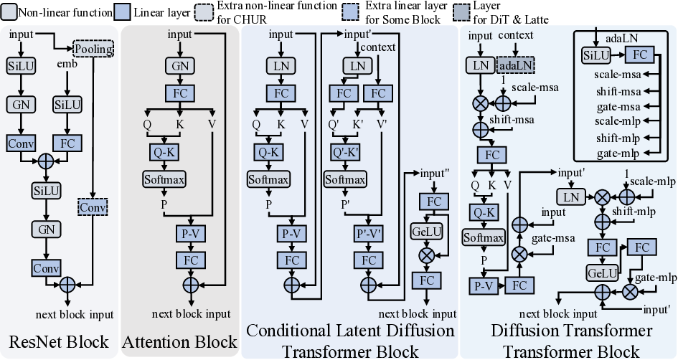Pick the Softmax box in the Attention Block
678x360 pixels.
pyautogui.click(x=164, y=179)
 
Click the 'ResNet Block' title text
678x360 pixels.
pyautogui.click(x=59, y=341)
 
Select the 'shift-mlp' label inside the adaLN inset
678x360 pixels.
pyautogui.click(x=618, y=137)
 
